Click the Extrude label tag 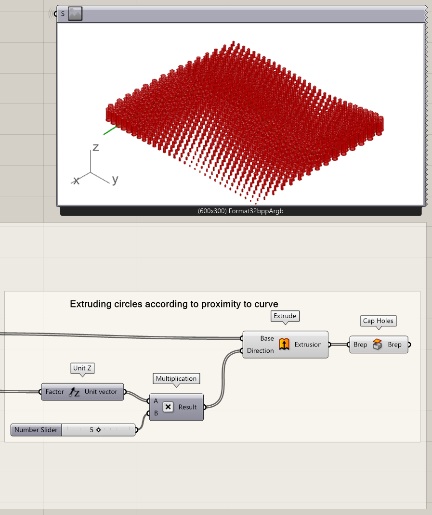[285, 316]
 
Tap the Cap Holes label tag [378, 321]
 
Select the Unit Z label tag [82, 368]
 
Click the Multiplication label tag [176, 379]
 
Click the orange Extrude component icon [284, 344]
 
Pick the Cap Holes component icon [378, 344]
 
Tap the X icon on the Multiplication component [168, 407]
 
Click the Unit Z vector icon [74, 392]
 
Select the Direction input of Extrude [261, 351]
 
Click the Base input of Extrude [267, 338]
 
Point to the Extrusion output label [308, 345]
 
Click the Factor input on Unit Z [54, 392]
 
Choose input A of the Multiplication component [156, 401]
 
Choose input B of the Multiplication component [156, 413]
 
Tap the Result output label [187, 407]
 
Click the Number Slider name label [36, 430]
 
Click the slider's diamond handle [98, 430]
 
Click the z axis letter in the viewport [96, 147]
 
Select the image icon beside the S [75, 14]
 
